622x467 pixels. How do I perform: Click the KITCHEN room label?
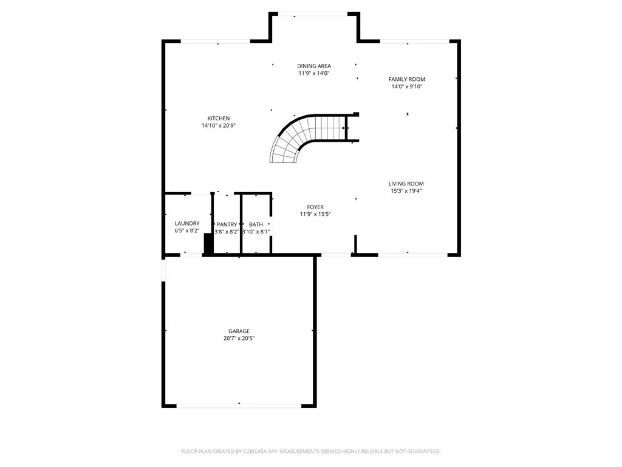219,119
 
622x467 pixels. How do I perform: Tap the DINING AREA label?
314,66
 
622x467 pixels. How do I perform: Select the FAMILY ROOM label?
407,79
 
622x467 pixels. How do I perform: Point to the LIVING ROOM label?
406,184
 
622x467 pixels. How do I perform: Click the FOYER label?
315,206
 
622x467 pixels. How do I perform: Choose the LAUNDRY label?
187,224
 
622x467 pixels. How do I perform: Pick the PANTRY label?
227,224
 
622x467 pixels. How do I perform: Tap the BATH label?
256,224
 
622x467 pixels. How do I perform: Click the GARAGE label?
239,331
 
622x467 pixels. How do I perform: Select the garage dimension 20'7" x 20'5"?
239,339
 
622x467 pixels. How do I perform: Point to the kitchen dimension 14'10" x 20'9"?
219,126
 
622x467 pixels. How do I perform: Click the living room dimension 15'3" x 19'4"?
406,191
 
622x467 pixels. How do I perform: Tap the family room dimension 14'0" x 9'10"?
407,86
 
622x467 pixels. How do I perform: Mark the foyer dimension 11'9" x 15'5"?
315,214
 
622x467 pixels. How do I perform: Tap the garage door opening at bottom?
239,405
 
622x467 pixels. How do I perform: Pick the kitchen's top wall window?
216,41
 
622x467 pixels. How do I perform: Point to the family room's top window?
415,41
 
